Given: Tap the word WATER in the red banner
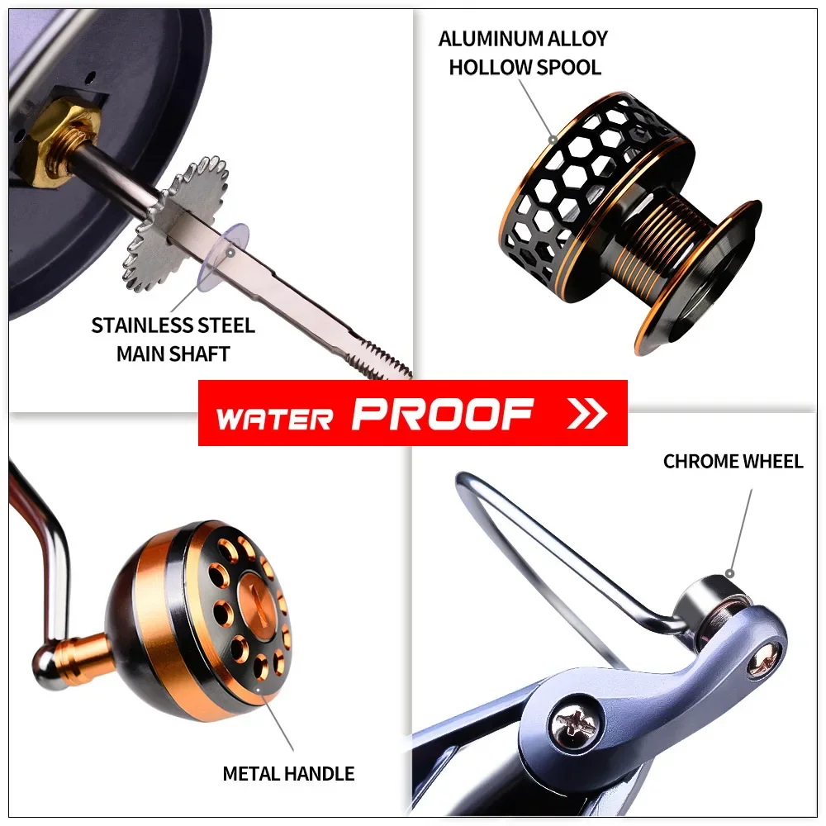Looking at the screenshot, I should click(274, 417).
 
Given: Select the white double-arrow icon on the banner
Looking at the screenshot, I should click(587, 413).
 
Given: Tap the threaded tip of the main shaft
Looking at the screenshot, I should click(379, 359).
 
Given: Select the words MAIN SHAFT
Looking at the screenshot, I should click(173, 354).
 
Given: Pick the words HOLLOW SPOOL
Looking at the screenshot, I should click(525, 67).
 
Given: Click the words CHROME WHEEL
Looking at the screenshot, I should click(733, 461).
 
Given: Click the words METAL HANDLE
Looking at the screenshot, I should click(288, 774).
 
